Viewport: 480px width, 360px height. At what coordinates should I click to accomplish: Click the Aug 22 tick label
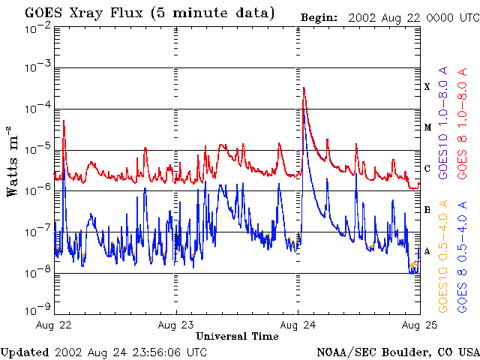[x=54, y=325]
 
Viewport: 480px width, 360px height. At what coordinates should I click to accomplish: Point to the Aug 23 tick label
[x=176, y=325]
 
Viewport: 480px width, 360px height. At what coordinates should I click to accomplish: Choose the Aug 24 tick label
[x=298, y=325]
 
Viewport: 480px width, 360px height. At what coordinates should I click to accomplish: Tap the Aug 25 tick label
[x=418, y=325]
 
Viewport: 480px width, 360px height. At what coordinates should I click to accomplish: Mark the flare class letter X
[x=427, y=87]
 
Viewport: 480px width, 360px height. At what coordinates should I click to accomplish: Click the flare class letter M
[x=427, y=127]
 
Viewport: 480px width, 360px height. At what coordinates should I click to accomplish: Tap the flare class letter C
[x=427, y=169]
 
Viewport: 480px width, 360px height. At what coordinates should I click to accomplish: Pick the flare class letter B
[x=427, y=210]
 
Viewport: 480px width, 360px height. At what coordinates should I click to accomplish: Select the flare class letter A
[x=427, y=251]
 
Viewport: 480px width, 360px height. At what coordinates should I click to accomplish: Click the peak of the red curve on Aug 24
[x=304, y=88]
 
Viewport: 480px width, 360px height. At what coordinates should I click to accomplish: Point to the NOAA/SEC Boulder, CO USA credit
[x=397, y=352]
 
